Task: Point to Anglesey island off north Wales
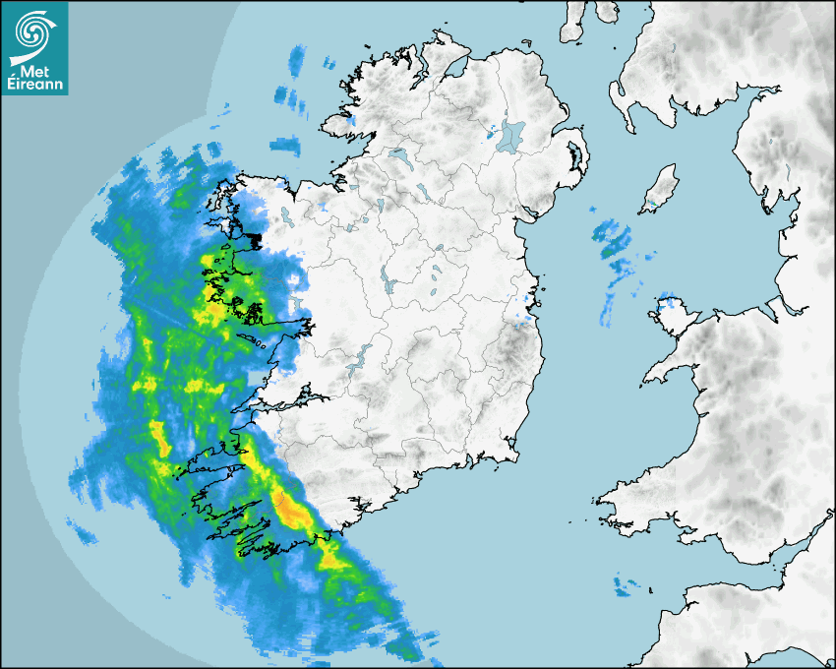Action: point(672,313)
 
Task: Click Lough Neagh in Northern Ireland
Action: point(511,135)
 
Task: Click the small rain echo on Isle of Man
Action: point(651,206)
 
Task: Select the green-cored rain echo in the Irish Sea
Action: point(610,239)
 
